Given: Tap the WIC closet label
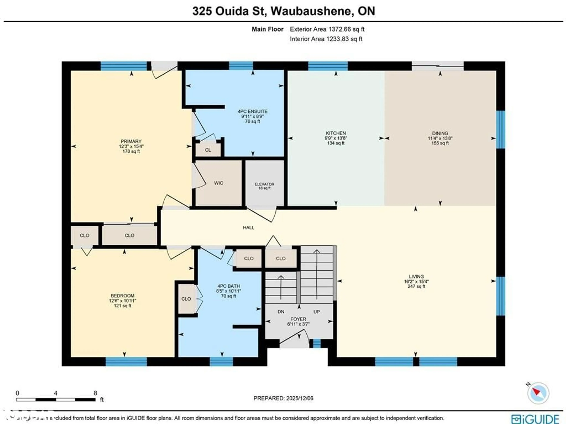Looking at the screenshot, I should [219, 183].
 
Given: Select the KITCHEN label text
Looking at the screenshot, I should [336, 133].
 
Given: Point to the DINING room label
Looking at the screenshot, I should [440, 133].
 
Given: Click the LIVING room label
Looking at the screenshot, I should [416, 276].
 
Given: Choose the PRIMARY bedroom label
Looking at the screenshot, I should [131, 141].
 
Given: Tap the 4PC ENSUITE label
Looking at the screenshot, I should [252, 111].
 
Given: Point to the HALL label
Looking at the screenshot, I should [249, 228].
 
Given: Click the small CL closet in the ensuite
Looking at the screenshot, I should [208, 150].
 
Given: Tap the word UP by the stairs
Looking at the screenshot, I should [316, 312].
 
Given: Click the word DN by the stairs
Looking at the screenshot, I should [281, 312].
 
